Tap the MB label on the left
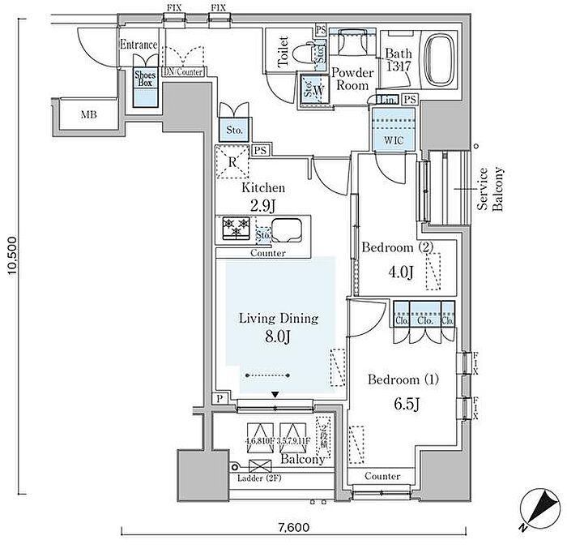(89, 114)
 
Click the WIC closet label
(392, 139)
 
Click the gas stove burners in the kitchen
(237, 229)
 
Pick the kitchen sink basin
(286, 230)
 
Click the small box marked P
(220, 398)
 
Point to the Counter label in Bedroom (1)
(382, 476)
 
